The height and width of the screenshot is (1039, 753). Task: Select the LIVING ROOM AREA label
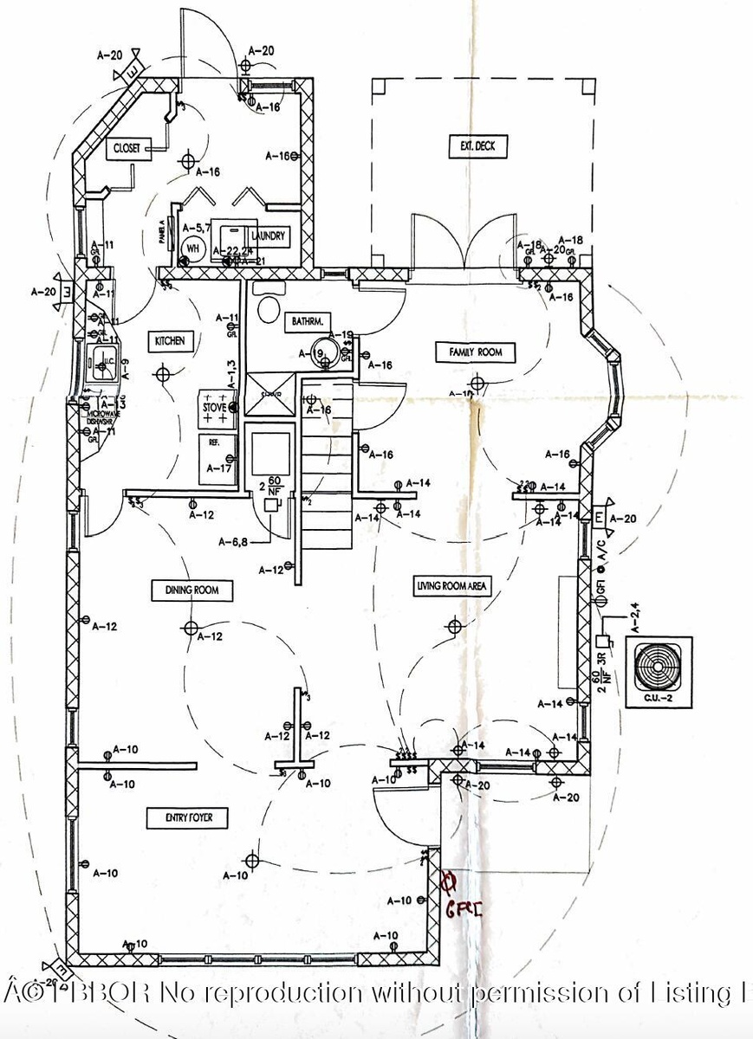[x=451, y=586]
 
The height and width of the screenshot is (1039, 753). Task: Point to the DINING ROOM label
[x=192, y=590]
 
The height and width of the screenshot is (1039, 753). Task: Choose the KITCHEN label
[x=170, y=341]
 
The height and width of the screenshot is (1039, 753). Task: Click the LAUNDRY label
[x=268, y=236]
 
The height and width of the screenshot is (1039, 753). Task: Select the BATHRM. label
[x=307, y=321]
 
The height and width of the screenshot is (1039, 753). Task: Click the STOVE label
[x=214, y=406]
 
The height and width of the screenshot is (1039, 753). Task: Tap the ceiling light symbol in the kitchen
[x=163, y=374]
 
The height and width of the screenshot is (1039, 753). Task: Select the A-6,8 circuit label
[x=234, y=543]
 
